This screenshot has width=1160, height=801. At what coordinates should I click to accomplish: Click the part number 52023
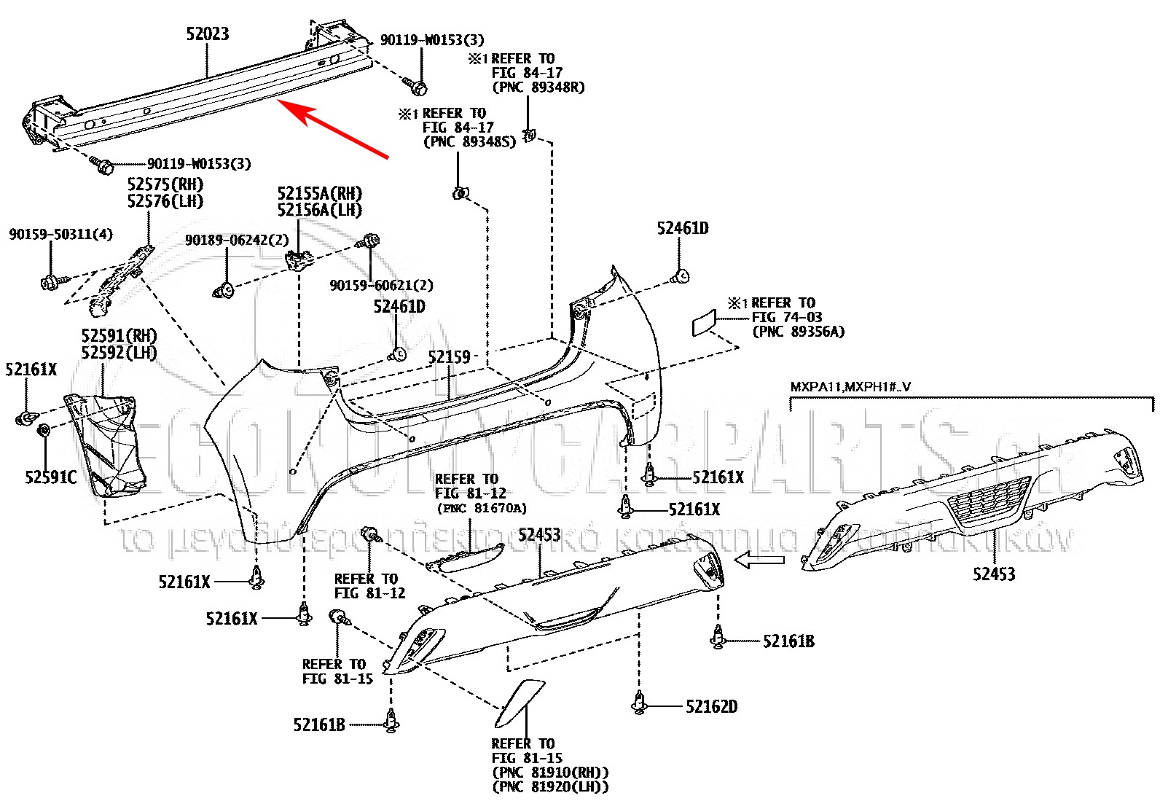click(x=208, y=34)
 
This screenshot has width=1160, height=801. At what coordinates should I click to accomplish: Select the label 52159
click(x=449, y=358)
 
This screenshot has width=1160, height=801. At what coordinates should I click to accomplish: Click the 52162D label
click(x=711, y=706)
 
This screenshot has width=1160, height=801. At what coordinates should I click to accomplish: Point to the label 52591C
click(x=50, y=477)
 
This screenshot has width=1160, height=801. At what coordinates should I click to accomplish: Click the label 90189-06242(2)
click(x=237, y=240)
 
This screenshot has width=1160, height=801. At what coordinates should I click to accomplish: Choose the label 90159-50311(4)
click(x=60, y=234)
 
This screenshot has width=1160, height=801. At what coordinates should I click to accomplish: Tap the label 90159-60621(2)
click(x=381, y=286)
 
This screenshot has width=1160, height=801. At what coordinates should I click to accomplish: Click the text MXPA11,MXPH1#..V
click(x=850, y=387)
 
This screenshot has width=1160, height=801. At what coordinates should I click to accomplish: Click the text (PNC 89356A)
click(x=799, y=332)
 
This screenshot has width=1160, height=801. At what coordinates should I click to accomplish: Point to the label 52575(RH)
click(x=165, y=184)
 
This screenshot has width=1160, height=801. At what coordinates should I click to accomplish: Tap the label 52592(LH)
click(x=119, y=353)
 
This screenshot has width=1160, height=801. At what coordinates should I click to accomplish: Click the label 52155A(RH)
click(x=319, y=194)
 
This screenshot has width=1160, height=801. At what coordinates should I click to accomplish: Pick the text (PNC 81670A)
click(x=481, y=508)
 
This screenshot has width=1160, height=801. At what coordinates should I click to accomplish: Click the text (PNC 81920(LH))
click(x=550, y=786)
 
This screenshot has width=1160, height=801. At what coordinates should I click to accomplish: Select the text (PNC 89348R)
click(x=538, y=87)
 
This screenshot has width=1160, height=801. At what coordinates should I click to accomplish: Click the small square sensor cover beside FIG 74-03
click(x=705, y=322)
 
